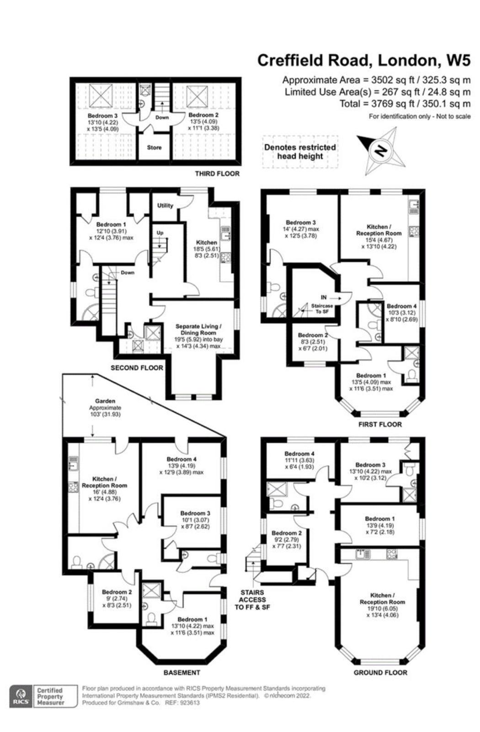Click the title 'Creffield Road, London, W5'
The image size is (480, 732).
pos(363,60)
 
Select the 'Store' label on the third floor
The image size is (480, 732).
pos(154,147)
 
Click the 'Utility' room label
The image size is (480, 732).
pos(165,205)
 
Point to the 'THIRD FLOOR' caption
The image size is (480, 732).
pos(217,174)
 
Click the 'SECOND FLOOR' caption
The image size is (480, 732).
pos(137,367)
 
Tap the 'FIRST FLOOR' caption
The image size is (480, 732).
pos(380,424)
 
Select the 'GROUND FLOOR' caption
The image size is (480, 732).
pos(380,673)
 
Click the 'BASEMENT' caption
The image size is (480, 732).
pos(182,673)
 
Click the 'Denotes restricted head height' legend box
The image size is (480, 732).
pos(300,151)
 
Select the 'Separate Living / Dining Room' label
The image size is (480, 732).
pos(198,329)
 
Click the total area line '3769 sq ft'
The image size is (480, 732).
pos(405,104)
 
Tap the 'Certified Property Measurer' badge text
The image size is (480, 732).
pos(50,696)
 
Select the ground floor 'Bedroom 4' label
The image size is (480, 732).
pos(299,454)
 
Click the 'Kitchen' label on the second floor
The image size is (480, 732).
pos(207,242)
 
